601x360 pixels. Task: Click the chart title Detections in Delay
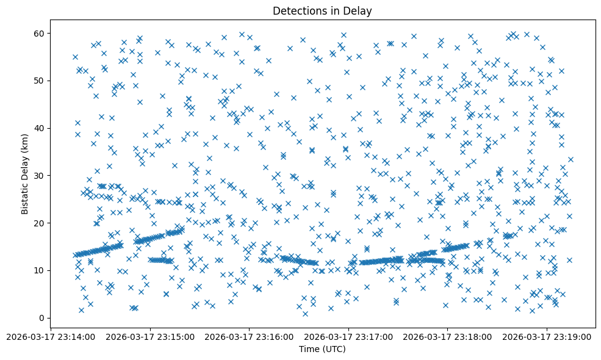322,11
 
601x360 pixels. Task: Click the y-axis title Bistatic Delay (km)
25,166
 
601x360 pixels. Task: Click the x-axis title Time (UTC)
322,349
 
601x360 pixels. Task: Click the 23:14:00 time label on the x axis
51,336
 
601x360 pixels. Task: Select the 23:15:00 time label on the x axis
150,336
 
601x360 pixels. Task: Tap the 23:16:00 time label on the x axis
250,336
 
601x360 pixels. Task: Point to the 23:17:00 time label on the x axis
348,336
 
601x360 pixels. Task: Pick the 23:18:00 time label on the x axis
447,336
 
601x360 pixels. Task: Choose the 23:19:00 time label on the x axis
547,336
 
